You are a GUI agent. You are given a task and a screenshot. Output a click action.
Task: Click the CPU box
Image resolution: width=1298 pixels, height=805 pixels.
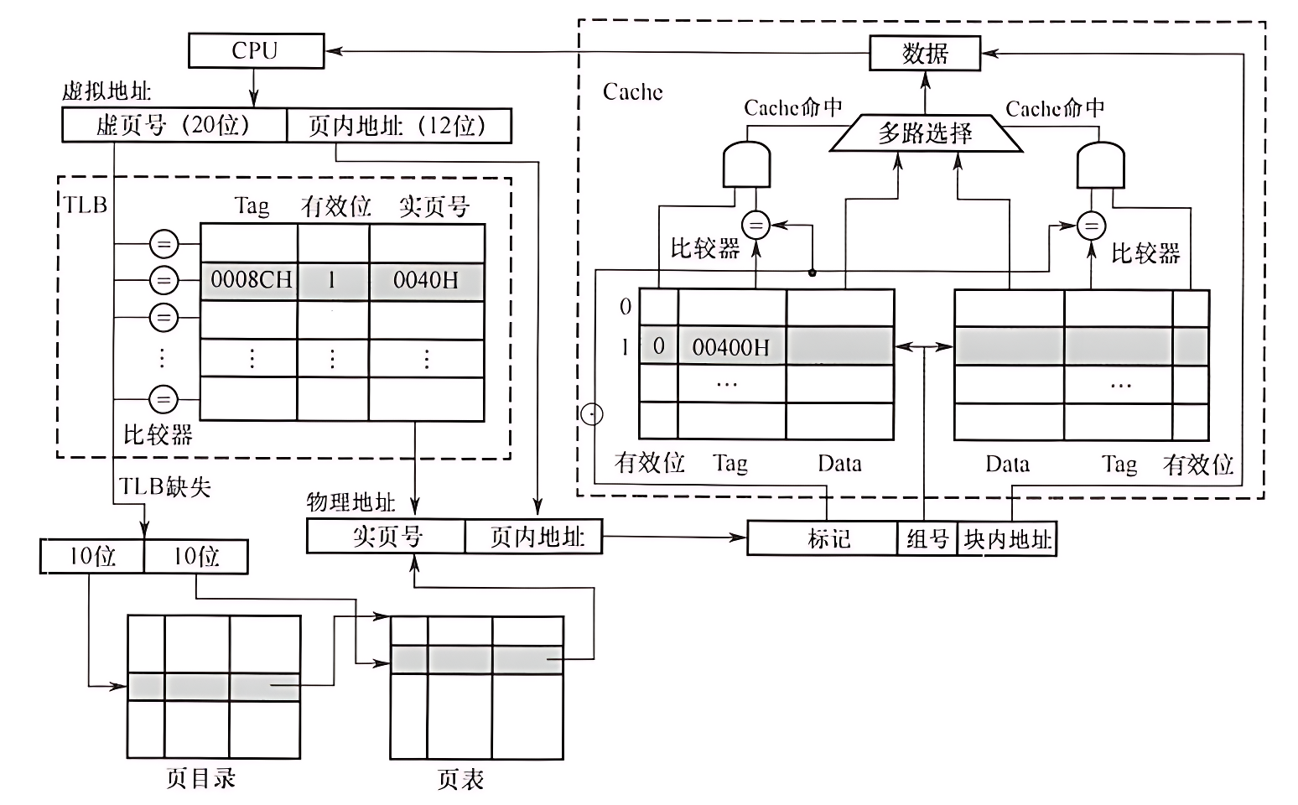256,50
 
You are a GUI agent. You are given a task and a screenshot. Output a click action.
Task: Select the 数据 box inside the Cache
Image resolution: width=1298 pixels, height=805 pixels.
925,54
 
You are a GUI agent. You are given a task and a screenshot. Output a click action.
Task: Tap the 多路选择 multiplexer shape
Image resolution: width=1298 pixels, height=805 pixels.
926,133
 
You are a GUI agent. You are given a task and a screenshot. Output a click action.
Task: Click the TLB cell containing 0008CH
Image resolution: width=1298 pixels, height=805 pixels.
250,280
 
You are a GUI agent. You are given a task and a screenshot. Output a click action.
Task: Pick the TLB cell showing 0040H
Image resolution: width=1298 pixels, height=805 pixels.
426,280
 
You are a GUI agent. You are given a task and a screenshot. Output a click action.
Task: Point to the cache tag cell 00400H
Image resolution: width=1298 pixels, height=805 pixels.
730,346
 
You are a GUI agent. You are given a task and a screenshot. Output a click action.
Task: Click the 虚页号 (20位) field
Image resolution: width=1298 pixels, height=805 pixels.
174,125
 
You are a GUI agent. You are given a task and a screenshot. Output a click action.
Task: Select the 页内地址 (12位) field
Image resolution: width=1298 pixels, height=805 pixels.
398,125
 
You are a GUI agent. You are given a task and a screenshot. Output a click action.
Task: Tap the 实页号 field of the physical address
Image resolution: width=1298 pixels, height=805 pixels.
386,537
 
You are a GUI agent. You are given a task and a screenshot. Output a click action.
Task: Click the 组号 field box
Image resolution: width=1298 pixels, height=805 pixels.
927,538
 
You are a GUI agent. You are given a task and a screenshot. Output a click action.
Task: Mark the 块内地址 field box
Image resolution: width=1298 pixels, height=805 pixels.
1006,538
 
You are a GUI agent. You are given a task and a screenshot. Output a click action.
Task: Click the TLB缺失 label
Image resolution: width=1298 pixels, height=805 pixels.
165,486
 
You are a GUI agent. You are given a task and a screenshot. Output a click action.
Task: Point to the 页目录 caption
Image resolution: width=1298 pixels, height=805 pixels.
200,778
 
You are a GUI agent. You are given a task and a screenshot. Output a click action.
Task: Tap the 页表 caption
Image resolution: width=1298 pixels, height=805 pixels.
460,779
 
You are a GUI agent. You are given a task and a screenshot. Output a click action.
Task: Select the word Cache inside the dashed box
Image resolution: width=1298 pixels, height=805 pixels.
632,91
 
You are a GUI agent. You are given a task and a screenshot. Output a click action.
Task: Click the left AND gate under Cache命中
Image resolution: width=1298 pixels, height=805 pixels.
746,165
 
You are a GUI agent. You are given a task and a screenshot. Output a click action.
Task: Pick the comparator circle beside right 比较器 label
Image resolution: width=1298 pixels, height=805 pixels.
1091,226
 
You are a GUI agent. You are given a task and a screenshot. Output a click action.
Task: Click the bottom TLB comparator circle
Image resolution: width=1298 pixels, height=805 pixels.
164,399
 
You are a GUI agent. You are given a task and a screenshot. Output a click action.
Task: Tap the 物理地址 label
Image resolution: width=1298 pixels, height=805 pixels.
350,502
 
